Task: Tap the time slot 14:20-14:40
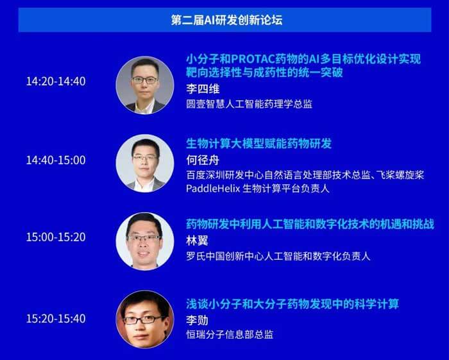click(x=56, y=81)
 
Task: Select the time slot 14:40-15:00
click(x=56, y=160)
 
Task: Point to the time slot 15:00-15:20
click(x=56, y=237)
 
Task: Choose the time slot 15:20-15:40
click(x=56, y=318)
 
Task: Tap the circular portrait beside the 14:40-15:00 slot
click(x=145, y=163)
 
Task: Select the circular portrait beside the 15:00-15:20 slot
click(x=145, y=241)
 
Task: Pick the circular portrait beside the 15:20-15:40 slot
click(x=145, y=320)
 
